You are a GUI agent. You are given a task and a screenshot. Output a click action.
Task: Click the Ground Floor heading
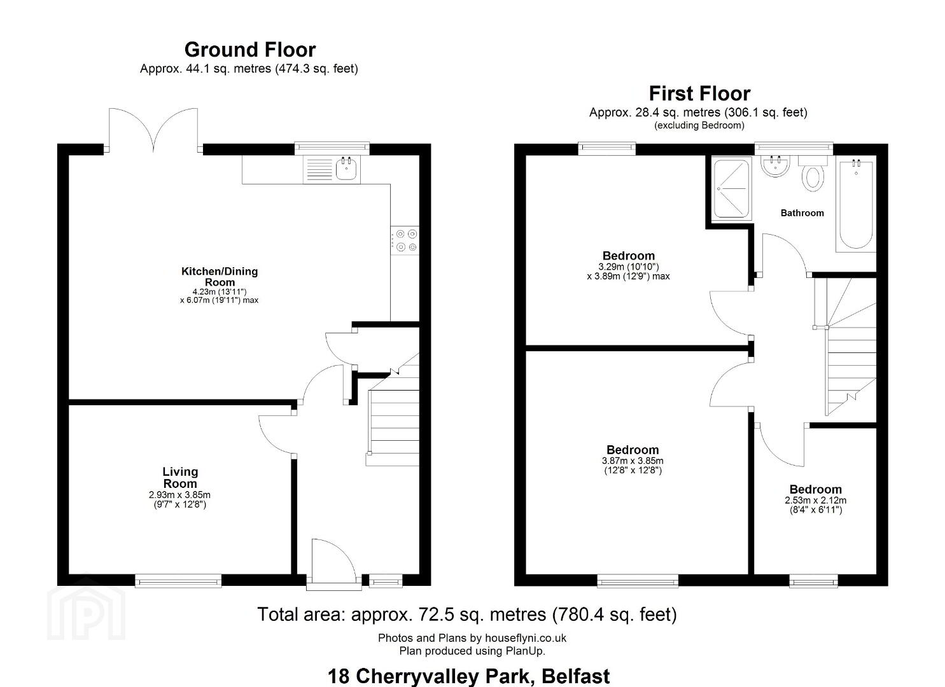click(x=249, y=50)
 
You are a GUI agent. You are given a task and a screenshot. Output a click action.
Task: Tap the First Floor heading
click(x=699, y=94)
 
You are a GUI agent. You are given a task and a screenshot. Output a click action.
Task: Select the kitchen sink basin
click(x=346, y=170)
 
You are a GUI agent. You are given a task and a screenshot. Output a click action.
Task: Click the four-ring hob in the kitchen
click(x=405, y=240)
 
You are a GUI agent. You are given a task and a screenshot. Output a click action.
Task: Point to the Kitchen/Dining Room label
click(x=220, y=277)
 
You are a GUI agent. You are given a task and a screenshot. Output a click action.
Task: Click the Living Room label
click(x=180, y=477)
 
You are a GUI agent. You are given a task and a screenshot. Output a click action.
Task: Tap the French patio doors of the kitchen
click(x=153, y=130)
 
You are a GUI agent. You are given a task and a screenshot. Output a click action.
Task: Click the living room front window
click(x=178, y=581)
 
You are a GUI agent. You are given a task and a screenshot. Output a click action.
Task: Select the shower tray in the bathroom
click(x=732, y=188)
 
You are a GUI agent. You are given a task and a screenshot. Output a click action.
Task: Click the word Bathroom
click(x=802, y=213)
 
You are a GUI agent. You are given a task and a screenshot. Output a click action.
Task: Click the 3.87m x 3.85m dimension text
click(x=633, y=461)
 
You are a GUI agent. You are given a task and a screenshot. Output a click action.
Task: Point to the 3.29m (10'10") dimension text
click(x=628, y=267)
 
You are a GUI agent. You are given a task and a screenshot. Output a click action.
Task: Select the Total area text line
click(x=467, y=614)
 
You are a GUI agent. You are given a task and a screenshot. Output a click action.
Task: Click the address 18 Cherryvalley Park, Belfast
click(x=469, y=676)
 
